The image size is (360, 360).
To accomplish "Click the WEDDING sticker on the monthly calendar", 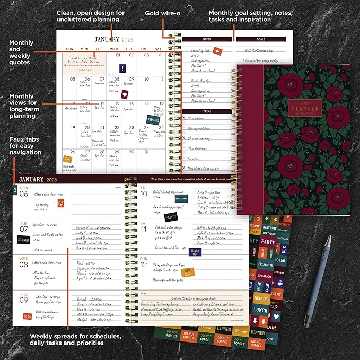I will point(153,120).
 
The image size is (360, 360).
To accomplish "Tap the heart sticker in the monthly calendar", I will point(125,94).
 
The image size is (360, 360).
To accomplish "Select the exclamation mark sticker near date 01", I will point(123,68).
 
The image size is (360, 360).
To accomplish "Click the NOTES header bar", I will point(207,39).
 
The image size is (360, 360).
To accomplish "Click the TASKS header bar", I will point(207,111).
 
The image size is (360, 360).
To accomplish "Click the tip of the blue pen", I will point(306,324).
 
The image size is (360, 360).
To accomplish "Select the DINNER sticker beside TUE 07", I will point(24,240).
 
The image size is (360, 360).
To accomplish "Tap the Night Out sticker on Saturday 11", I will point(195,252).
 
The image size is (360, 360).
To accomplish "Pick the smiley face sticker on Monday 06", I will point(61,203).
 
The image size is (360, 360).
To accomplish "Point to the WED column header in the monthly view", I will point(113,49).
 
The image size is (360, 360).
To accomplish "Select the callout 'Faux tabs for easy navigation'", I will point(25,145).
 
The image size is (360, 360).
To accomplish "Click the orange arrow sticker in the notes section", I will point(216,50).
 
